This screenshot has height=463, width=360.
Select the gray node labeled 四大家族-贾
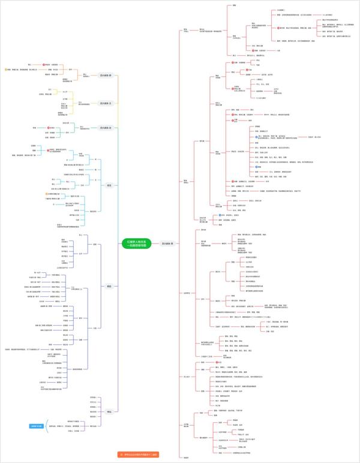(168, 243)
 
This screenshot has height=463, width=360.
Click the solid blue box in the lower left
(38, 426)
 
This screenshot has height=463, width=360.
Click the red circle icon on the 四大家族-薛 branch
(43, 64)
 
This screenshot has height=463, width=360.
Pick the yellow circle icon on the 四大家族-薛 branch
(5, 70)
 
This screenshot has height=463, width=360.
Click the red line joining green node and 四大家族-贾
(155, 243)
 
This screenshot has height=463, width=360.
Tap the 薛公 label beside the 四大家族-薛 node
(85, 75)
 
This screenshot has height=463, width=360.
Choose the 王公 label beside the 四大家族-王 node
(80, 103)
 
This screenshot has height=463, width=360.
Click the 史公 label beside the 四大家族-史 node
(82, 127)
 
